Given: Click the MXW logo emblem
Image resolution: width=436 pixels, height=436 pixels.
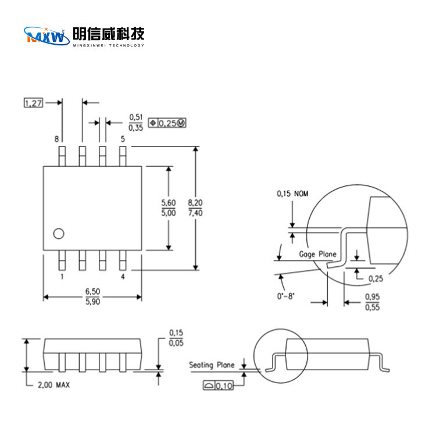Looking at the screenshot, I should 46,37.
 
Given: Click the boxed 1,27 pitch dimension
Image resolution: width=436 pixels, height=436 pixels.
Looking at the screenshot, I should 33,103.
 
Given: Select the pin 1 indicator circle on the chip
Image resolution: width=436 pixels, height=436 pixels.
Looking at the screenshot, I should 58,234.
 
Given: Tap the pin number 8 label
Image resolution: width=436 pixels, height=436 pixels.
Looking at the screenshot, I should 56,139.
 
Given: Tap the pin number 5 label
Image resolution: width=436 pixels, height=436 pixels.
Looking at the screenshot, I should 122,139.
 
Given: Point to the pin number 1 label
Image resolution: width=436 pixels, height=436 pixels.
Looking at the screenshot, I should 62,277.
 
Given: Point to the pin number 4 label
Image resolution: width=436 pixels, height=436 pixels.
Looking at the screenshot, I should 123,277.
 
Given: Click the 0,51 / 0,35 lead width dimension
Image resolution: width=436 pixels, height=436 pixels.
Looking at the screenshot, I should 135,123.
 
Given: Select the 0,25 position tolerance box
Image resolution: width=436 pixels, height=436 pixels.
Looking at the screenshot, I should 168,123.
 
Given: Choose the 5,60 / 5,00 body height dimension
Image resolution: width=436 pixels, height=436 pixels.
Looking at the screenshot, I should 168,208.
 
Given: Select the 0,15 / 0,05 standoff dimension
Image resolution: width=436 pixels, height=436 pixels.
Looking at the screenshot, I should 176,338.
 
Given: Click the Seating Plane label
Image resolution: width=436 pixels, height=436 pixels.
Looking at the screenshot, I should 212,365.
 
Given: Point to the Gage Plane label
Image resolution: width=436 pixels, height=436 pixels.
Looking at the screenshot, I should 317,254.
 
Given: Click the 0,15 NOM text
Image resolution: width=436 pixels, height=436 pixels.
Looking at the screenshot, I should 292,193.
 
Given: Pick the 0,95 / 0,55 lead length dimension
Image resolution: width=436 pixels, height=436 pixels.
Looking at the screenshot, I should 372,302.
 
